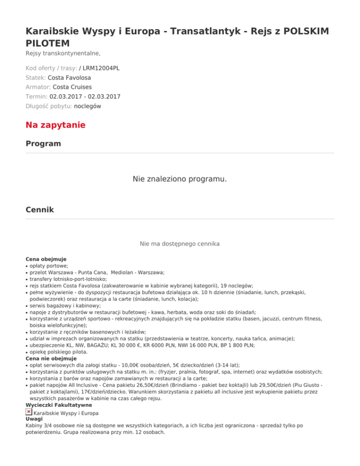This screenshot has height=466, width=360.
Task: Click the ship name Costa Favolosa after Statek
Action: coord(69,78)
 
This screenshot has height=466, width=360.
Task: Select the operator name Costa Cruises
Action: coord(72,87)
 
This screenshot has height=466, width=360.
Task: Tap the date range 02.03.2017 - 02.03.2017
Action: coord(85,97)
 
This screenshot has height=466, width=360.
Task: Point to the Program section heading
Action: coord(43,143)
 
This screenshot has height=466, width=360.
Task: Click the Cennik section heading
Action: coord(40,210)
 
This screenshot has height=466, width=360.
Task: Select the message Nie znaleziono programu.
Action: coord(180,179)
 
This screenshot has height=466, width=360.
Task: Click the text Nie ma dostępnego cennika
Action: coord(180,244)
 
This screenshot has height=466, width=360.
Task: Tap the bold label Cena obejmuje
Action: coord(46,259)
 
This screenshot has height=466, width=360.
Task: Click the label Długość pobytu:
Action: coord(49,106)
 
